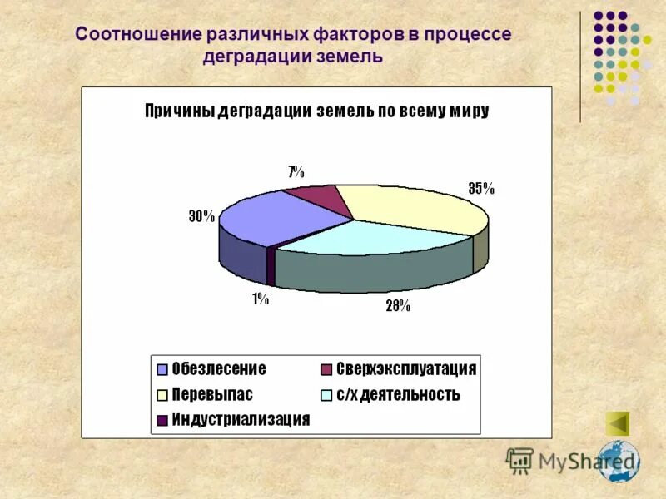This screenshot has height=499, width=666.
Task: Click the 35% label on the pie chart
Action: click(480, 188)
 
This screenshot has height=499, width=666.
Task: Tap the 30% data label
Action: click(201, 216)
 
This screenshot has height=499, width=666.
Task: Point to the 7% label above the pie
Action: click(296, 172)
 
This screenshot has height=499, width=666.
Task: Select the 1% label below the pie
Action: click(261, 299)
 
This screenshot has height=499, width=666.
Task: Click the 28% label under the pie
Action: click(397, 306)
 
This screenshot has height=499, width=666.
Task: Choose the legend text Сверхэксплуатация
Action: click(406, 368)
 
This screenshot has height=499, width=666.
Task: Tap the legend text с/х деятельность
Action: click(397, 394)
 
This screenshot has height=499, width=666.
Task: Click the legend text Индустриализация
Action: click(241, 419)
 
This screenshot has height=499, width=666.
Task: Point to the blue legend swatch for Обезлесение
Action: click(162, 369)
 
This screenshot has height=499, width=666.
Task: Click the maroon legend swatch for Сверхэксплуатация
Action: click(326, 369)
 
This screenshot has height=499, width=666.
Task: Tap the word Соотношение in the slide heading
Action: click(137, 35)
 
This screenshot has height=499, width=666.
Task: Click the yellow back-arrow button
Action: click(617, 423)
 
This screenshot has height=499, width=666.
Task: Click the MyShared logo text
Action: click(574, 460)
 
